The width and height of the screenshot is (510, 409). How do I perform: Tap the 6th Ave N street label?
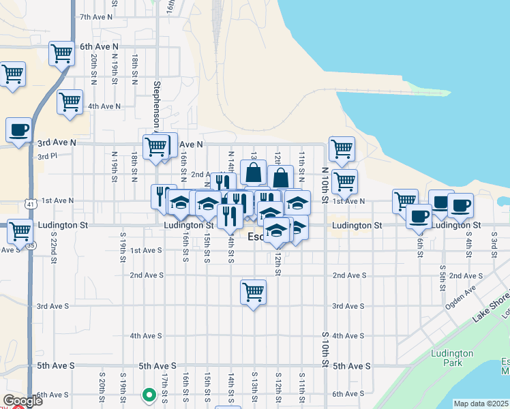point(99,46)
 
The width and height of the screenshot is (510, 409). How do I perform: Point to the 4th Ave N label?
point(104,106)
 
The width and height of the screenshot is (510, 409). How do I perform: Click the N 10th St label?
point(325,184)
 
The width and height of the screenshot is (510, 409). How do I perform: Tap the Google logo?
point(22,400)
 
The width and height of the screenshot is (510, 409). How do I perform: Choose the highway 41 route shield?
point(29,203)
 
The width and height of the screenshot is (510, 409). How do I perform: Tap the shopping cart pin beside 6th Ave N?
point(61,52)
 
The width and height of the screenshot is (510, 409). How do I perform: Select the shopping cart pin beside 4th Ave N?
point(70,102)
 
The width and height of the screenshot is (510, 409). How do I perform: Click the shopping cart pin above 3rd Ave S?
point(253,292)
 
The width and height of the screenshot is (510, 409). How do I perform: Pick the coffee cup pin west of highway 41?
point(18,129)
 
